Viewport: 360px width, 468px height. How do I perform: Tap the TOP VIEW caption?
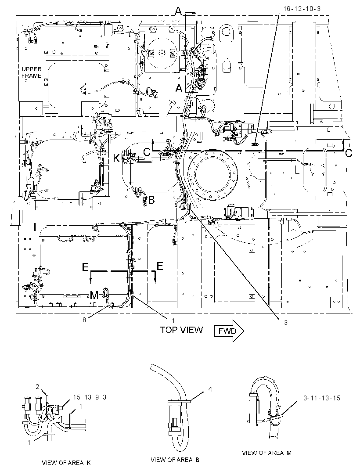tap(181, 330)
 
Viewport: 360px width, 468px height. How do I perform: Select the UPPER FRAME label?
tap(31, 72)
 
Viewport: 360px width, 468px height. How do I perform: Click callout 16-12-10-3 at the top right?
tap(302, 9)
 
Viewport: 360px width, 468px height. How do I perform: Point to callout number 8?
tap(84, 320)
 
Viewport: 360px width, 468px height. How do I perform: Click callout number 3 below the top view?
tap(286, 322)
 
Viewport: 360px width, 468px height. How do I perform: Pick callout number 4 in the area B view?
tap(210, 389)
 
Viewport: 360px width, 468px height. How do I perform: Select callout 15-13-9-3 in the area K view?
tap(90, 397)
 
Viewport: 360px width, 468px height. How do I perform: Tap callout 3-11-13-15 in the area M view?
tap(322, 398)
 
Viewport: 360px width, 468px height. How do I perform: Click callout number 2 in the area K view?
tap(37, 387)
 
